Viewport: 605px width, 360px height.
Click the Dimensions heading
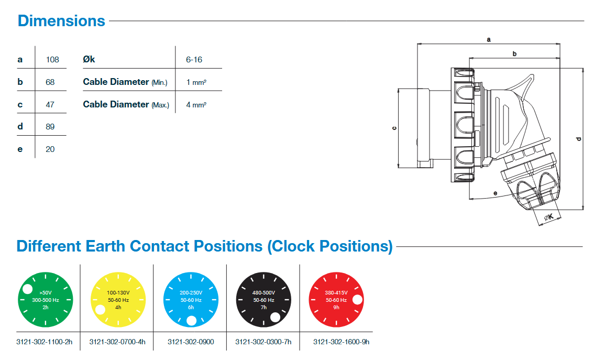click(61, 21)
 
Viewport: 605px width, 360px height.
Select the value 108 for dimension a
click(52, 59)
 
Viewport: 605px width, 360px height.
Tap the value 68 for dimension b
click(50, 82)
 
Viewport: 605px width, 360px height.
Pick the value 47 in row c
click(50, 104)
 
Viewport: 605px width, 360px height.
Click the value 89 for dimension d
click(50, 127)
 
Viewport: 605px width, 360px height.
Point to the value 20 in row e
click(50, 149)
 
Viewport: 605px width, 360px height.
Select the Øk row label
click(89, 59)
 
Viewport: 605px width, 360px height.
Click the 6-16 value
click(194, 59)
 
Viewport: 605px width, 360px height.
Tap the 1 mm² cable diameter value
click(196, 82)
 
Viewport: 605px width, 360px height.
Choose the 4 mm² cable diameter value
click(196, 105)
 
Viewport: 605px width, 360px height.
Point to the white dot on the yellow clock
click(100, 310)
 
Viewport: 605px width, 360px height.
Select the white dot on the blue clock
click(191, 321)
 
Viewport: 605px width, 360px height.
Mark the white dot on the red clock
click(358, 300)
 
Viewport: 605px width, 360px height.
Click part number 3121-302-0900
click(190, 342)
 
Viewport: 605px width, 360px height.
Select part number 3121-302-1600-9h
click(341, 342)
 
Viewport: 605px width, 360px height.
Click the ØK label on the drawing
click(549, 217)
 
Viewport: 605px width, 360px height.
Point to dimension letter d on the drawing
click(578, 138)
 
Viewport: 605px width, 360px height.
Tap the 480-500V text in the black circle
click(263, 292)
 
